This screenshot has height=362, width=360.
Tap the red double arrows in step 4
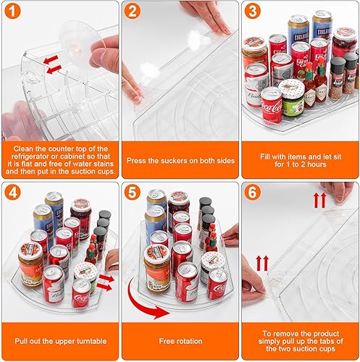(x=106, y=281)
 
